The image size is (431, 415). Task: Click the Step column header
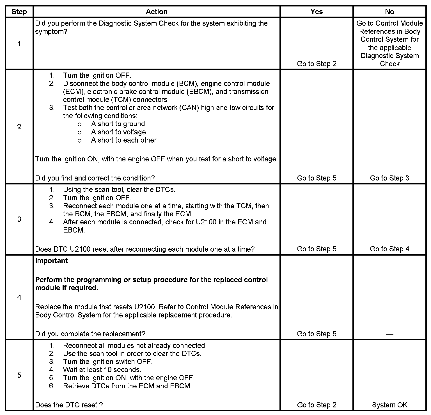tap(19, 12)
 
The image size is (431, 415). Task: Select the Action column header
tap(157, 12)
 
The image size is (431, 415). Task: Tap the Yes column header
tap(317, 12)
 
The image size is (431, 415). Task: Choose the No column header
tap(389, 12)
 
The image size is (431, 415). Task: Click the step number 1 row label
tap(19, 44)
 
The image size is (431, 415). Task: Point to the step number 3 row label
tap(19, 219)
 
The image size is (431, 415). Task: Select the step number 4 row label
tap(19, 297)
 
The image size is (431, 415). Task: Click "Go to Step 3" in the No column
tap(389, 178)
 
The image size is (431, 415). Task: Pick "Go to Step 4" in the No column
tap(389, 249)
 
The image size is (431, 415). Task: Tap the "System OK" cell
tap(389, 405)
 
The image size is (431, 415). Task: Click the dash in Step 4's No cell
tap(389, 334)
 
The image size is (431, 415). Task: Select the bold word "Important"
tap(51, 261)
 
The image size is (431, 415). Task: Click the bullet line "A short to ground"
tap(118, 124)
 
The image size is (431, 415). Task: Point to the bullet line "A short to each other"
tap(123, 140)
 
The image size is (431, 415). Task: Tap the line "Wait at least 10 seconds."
tap(102, 370)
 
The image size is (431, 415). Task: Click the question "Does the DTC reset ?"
tap(69, 405)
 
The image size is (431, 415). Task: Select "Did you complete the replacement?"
tap(90, 334)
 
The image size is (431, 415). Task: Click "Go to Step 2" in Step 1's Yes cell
tap(317, 64)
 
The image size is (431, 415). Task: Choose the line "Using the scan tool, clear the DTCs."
tap(119, 190)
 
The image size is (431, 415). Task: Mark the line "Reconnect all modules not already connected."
tap(135, 346)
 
